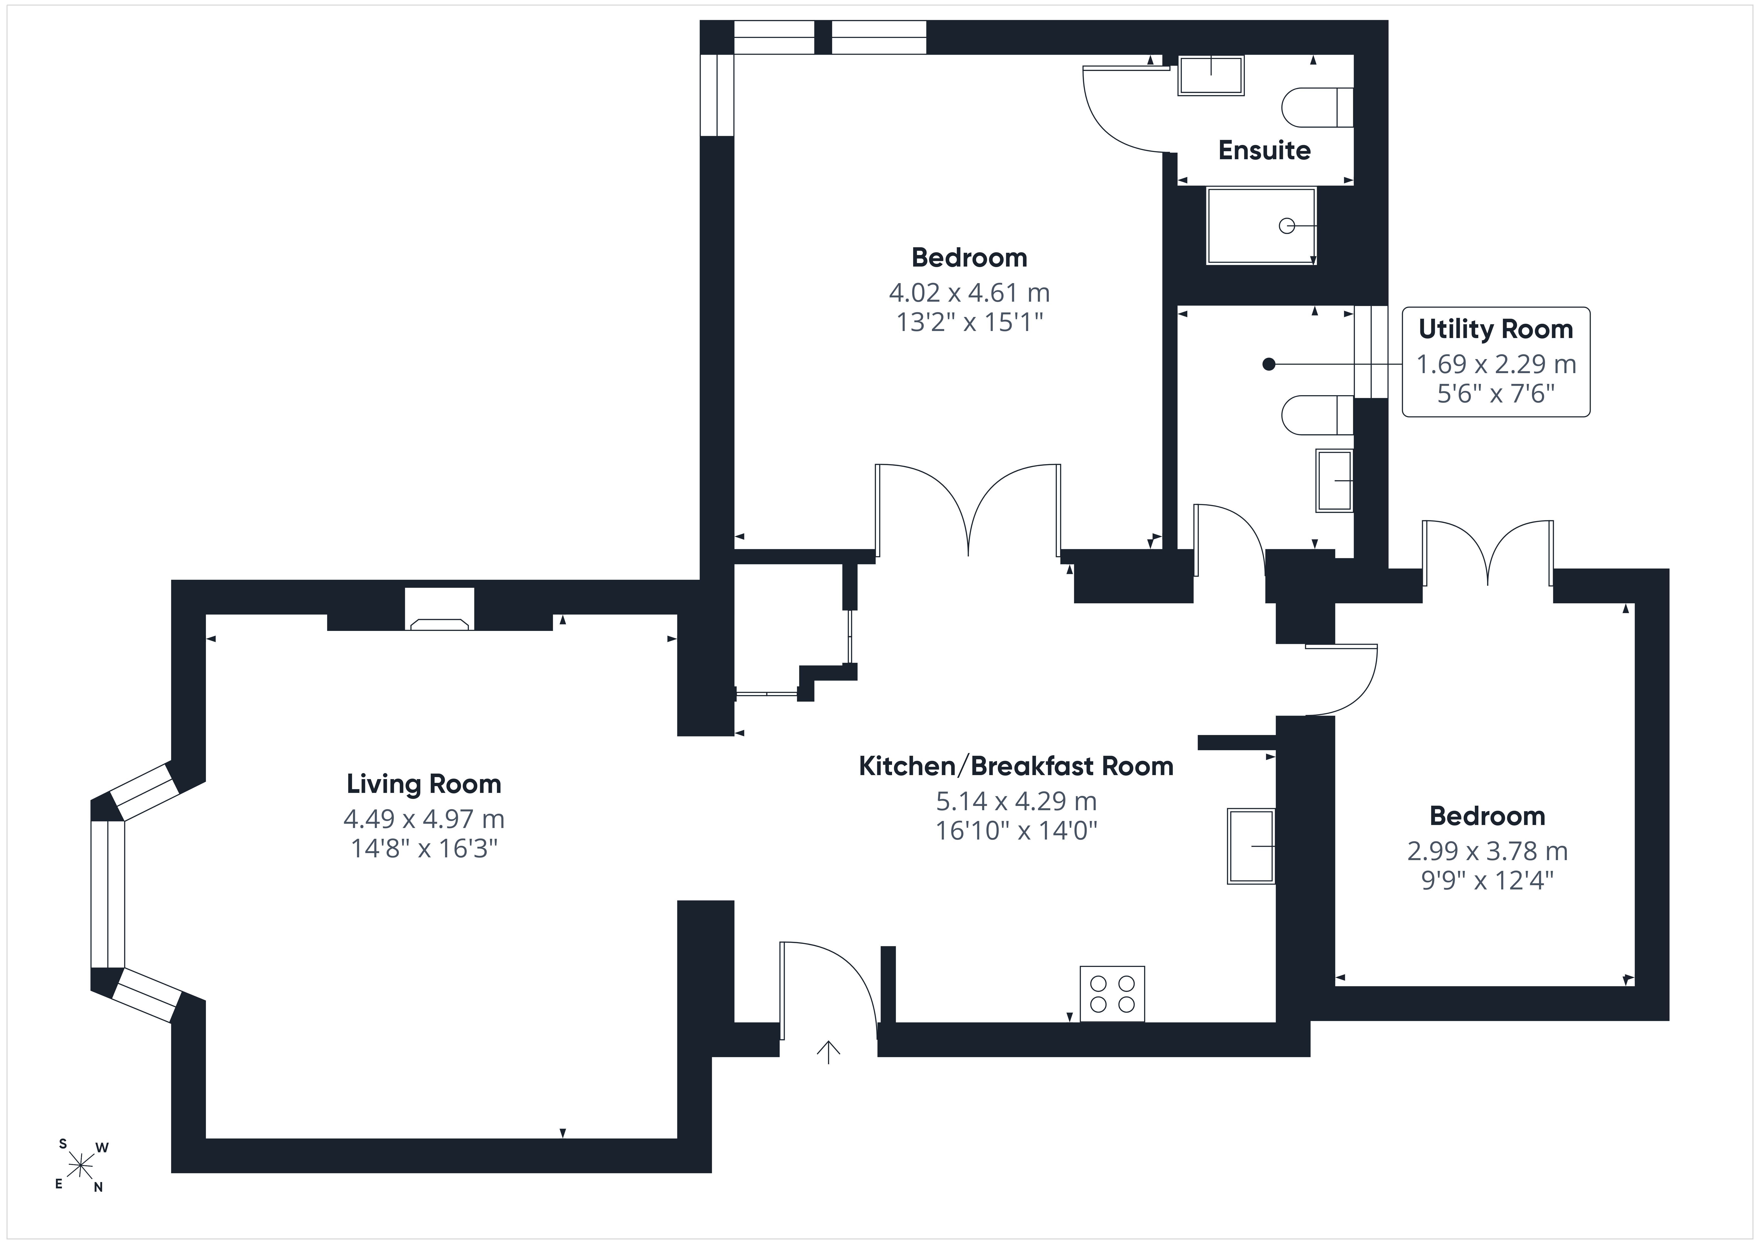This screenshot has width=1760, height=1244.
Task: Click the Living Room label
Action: click(424, 784)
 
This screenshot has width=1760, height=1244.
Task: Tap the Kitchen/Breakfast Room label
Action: click(1016, 766)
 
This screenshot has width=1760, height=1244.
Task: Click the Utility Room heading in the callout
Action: click(1496, 329)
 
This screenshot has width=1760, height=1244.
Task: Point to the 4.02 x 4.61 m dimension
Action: click(969, 293)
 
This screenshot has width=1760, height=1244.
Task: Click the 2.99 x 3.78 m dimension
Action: click(1487, 851)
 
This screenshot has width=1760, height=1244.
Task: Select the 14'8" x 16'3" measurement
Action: click(424, 849)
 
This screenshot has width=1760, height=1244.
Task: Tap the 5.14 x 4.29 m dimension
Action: click(1016, 801)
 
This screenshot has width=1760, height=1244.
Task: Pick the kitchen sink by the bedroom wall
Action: click(1251, 846)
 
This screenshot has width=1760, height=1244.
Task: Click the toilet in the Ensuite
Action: click(1317, 107)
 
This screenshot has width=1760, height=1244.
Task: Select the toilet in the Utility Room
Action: click(1317, 415)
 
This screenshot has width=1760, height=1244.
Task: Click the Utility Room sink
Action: click(1335, 481)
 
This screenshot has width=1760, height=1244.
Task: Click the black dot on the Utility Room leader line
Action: click(1269, 365)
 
